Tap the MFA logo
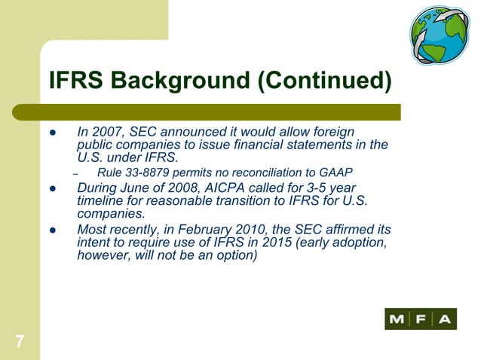tap(421, 319)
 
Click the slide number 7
tap(17, 342)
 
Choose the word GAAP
tap(336, 173)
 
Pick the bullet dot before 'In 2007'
tap(53, 133)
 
